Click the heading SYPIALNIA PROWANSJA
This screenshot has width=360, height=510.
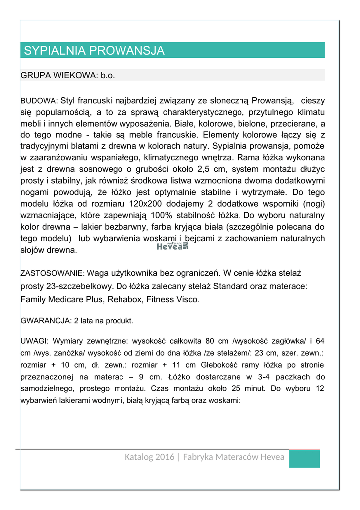[x=94, y=50]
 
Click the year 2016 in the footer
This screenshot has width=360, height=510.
[x=165, y=457]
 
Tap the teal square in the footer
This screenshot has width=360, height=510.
[x=304, y=458]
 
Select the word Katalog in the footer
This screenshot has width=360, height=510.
[x=138, y=457]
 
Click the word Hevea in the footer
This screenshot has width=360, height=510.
[x=272, y=457]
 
